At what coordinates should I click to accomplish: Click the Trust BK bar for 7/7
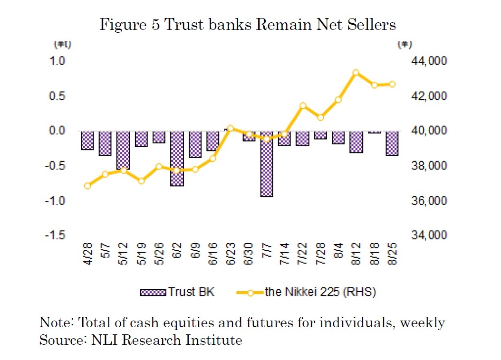(x=266, y=164)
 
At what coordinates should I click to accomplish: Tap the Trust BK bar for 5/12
(x=123, y=150)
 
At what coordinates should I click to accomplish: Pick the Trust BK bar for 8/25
(x=392, y=143)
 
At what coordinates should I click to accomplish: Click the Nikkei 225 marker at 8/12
(x=356, y=73)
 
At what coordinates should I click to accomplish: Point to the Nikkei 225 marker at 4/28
(x=87, y=186)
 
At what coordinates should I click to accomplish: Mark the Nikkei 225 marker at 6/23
(x=231, y=128)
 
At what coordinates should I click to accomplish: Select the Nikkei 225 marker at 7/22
(x=303, y=106)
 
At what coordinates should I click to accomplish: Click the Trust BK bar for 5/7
(x=105, y=143)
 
